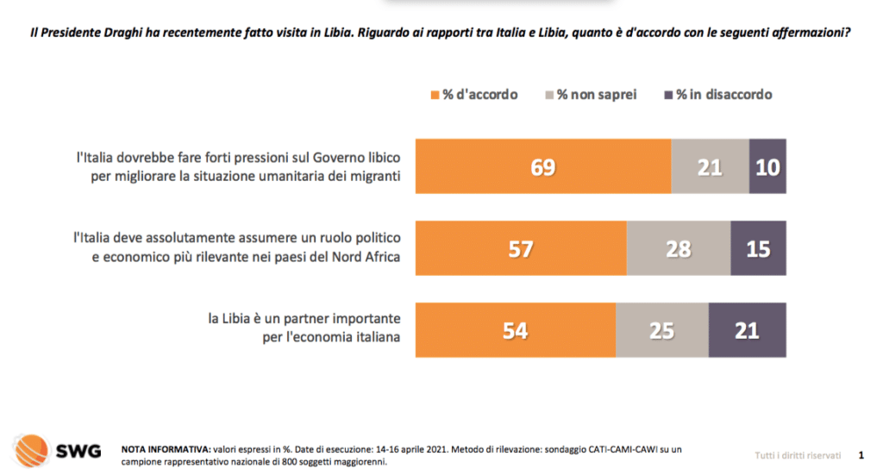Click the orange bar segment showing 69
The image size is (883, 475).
pos(543,166)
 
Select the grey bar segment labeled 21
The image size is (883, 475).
pos(710,166)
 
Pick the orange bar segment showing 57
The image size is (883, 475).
pos(521,248)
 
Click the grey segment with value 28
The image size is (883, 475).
pos(679,248)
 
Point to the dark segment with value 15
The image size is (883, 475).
pos(759,248)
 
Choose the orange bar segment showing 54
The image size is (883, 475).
pos(516,330)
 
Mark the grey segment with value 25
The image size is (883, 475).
pos(662,330)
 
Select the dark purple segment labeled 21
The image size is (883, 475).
pos(748,330)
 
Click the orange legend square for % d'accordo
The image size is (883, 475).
pos(434,95)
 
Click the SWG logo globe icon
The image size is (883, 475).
pos(30,449)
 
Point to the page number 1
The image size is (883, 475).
pos(861,453)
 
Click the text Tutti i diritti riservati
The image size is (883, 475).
pos(797,453)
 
